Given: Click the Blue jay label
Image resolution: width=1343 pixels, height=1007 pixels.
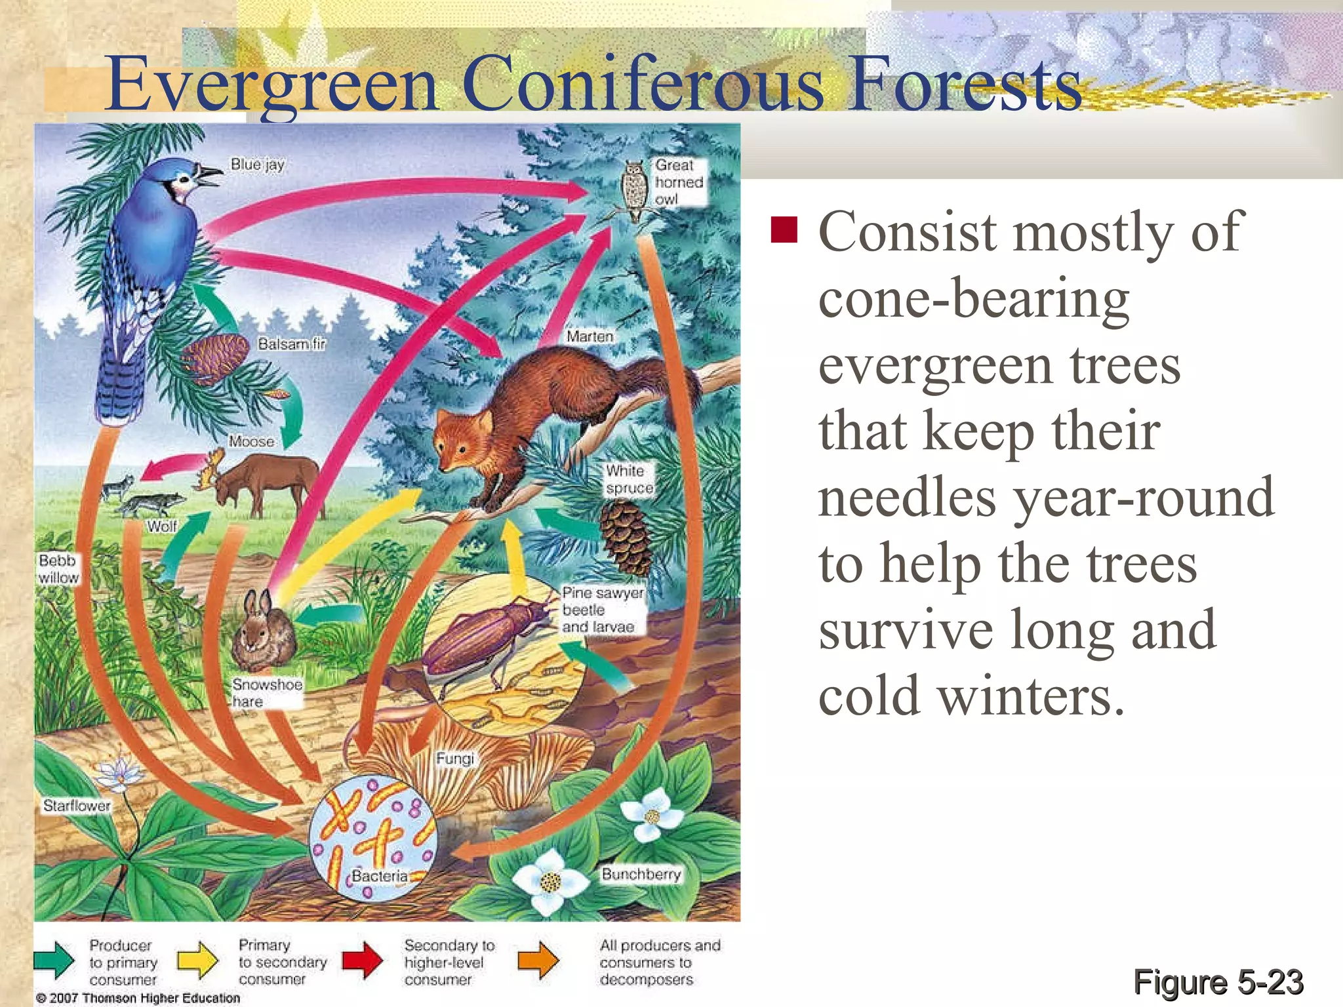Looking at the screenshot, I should (x=258, y=165).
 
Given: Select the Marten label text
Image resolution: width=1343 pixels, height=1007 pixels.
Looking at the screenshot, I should (x=590, y=336).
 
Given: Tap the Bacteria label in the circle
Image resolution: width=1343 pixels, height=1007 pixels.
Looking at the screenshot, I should (x=379, y=876).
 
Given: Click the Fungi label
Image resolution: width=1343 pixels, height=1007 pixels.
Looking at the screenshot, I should (x=454, y=759).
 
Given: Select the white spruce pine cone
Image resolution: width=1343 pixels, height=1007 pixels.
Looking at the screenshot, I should (x=626, y=538).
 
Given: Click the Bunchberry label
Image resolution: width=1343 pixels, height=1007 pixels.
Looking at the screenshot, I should (x=641, y=874).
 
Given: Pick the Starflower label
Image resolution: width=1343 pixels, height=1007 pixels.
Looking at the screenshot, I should (x=77, y=805).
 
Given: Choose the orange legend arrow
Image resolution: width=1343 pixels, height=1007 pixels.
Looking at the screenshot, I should (x=538, y=960).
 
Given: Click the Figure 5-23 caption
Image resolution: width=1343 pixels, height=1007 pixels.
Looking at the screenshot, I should (x=1218, y=982).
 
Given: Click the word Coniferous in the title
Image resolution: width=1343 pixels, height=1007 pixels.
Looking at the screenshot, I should (x=642, y=85).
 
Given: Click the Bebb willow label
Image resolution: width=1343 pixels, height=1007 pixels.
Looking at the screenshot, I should (x=58, y=568).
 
